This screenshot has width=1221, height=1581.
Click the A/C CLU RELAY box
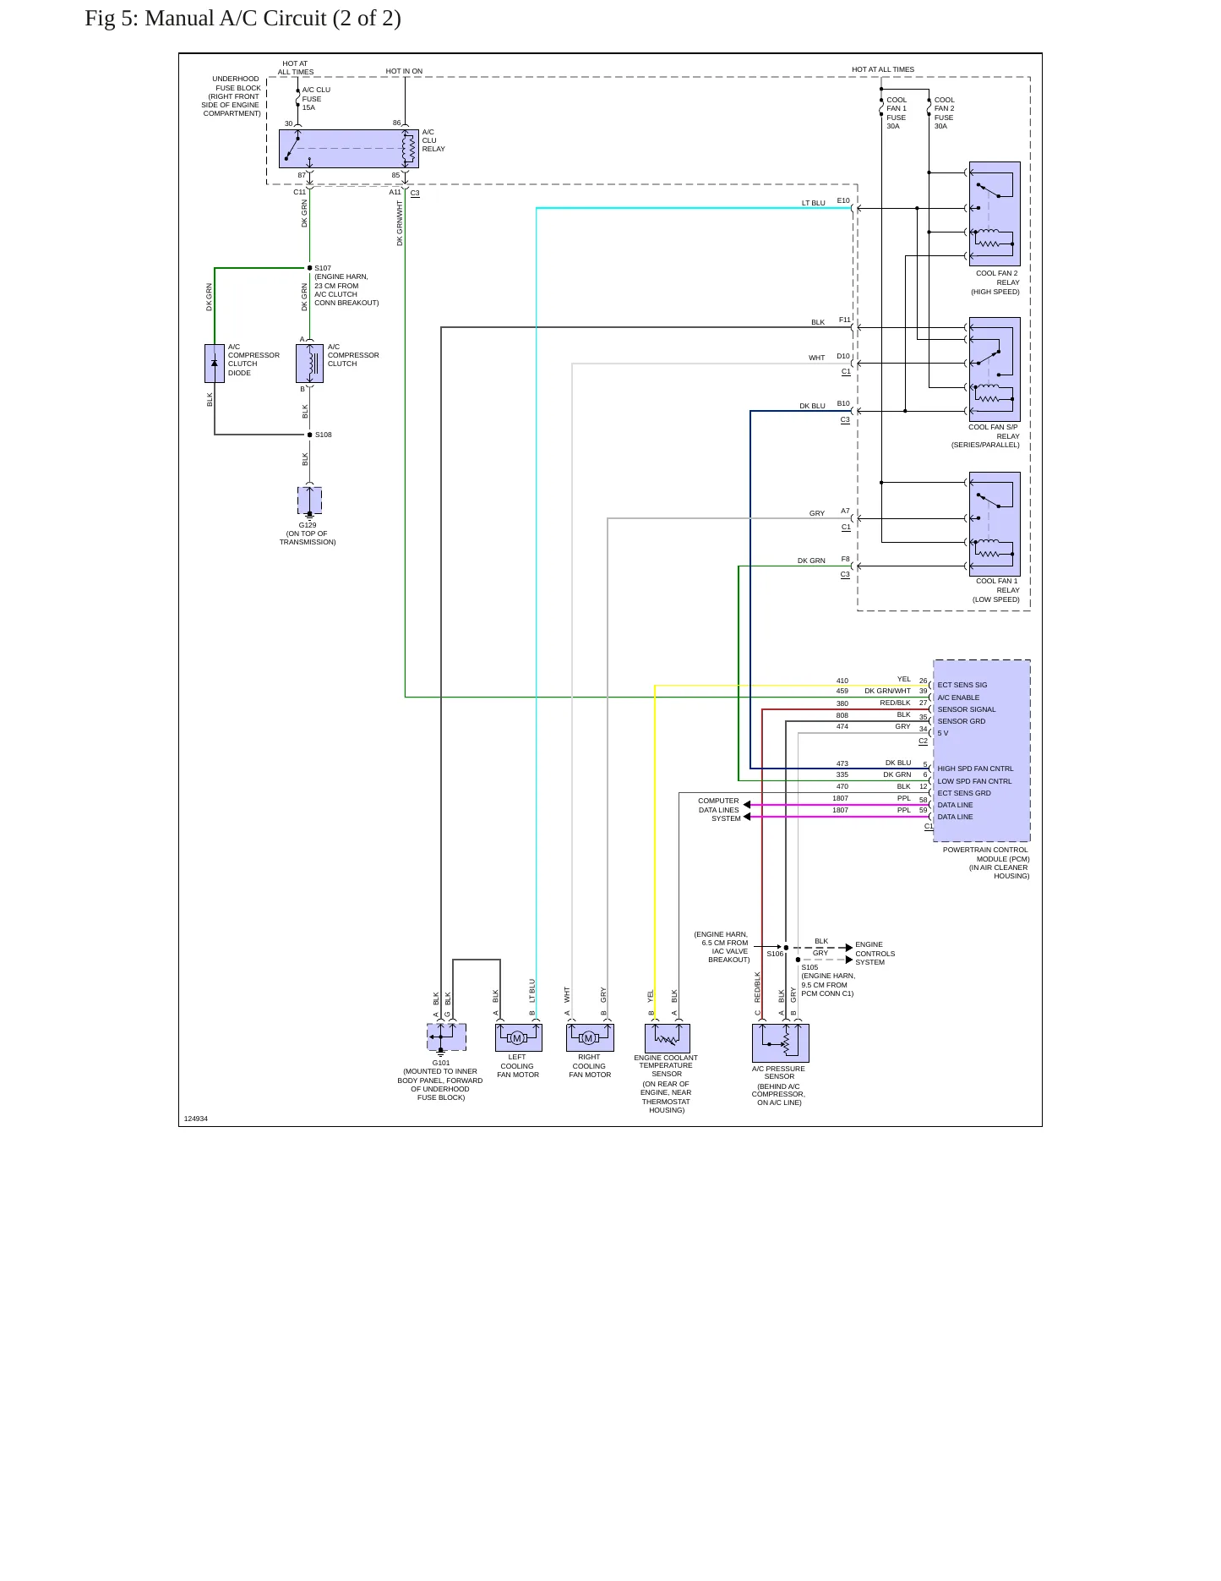(x=348, y=149)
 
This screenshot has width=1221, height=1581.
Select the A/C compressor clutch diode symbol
(x=215, y=364)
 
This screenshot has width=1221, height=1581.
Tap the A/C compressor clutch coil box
(x=309, y=364)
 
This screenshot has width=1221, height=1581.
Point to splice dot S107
(x=309, y=268)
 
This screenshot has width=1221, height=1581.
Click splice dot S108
(x=309, y=435)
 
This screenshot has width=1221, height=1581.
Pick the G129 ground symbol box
(x=309, y=501)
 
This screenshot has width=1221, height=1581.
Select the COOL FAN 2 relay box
(x=995, y=214)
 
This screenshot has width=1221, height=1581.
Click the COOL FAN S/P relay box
(x=995, y=369)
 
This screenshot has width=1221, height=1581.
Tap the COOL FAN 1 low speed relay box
(x=995, y=524)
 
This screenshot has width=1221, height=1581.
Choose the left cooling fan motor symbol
(x=518, y=1037)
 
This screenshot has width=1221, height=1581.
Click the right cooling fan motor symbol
(x=590, y=1037)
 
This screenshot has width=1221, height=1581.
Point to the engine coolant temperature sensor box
(x=667, y=1038)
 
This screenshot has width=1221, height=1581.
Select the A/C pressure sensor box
(x=780, y=1043)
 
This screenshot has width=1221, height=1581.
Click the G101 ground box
(x=446, y=1037)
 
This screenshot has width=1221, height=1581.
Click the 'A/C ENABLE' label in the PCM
(x=958, y=697)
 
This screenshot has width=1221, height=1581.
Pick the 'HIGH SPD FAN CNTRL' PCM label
(x=975, y=769)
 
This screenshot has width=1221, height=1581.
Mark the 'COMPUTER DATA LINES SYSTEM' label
(x=719, y=810)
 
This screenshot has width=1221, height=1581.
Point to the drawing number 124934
(x=196, y=1119)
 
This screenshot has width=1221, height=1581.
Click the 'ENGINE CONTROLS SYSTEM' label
(x=875, y=954)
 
